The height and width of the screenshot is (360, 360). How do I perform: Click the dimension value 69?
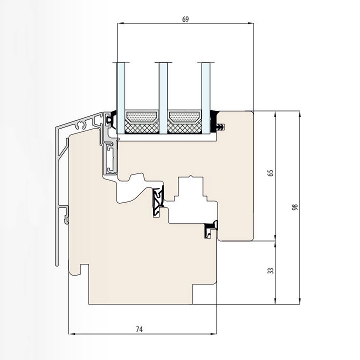point(186,19)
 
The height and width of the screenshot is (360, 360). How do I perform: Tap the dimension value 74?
point(139,329)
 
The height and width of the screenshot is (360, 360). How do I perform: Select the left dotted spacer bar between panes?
point(142,116)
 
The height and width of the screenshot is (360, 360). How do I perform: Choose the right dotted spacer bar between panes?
point(184,116)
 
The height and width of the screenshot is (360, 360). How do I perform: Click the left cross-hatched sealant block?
point(142,127)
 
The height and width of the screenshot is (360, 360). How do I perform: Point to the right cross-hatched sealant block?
point(184,127)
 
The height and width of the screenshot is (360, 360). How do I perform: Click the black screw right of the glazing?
point(221,127)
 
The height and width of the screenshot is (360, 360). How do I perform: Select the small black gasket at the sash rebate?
point(210,229)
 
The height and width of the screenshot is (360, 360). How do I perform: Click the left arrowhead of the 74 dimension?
point(71,333)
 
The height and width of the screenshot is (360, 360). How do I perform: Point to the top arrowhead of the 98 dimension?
point(300,113)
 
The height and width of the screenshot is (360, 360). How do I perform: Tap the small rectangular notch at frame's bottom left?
point(85,269)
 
